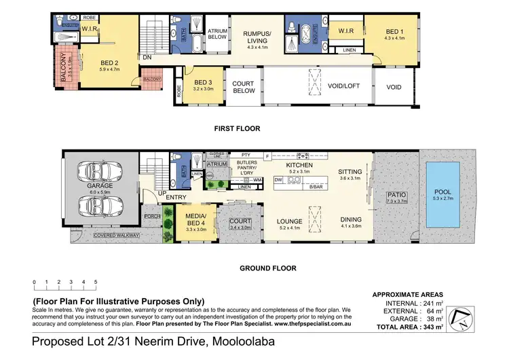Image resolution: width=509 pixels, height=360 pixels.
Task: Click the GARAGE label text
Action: point(100,185)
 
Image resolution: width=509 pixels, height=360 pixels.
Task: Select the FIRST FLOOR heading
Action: point(237,128)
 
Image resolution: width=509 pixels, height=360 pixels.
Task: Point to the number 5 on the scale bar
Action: point(96,281)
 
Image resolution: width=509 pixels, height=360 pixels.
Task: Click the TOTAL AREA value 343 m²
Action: point(429,327)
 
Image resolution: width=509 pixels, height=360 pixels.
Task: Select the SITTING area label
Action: point(350,173)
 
